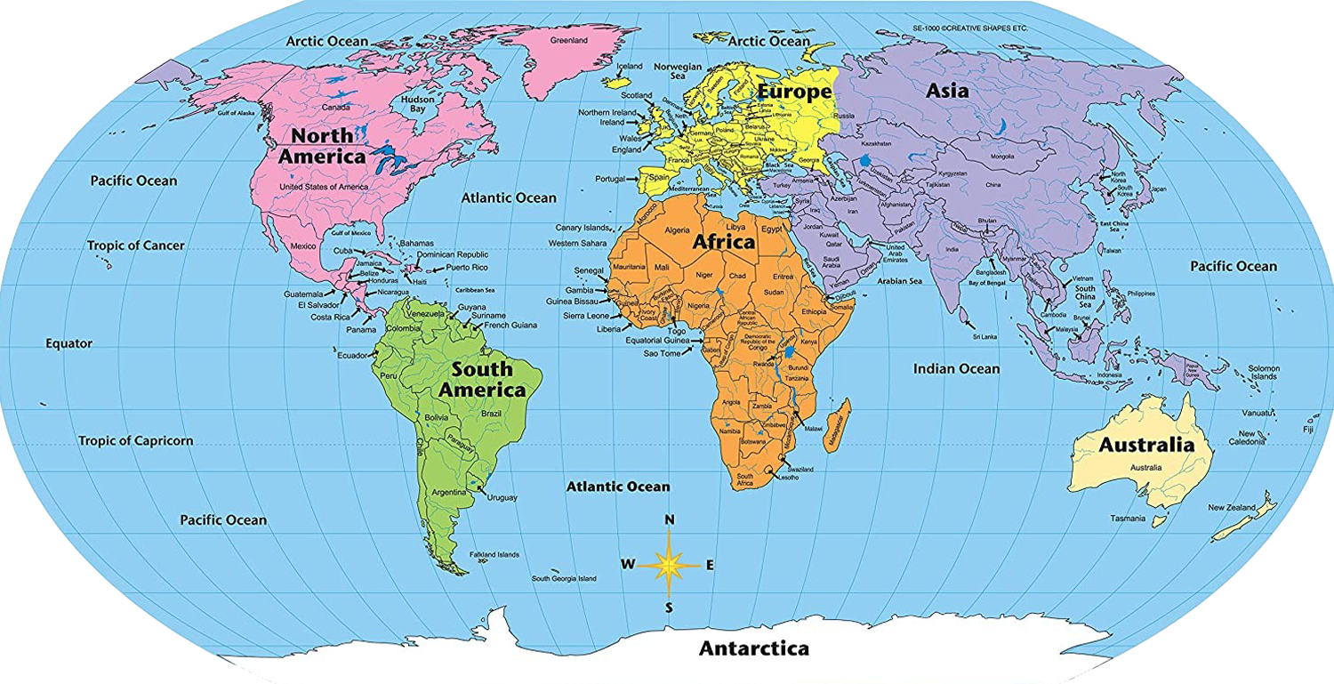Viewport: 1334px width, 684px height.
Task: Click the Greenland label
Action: tap(568, 41)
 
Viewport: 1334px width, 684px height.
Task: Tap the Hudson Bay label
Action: tap(418, 105)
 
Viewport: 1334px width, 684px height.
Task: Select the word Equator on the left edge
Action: tap(69, 343)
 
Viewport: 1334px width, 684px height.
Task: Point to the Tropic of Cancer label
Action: tap(135, 245)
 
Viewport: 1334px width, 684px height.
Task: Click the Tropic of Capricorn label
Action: tap(135, 441)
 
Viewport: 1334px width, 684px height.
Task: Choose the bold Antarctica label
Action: tap(754, 648)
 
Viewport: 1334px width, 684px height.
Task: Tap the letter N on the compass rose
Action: tap(670, 519)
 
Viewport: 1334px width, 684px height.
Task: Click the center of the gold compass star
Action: tap(670, 563)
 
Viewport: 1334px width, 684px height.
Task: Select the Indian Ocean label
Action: tap(957, 368)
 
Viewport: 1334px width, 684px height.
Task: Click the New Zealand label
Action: tap(1232, 508)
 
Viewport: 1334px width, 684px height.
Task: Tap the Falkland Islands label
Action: tap(494, 554)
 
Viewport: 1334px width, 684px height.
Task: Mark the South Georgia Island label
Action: tap(564, 578)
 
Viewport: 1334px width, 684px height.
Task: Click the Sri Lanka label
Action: tap(984, 337)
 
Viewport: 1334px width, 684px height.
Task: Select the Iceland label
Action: tap(630, 66)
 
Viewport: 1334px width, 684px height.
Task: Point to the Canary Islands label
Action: tap(583, 228)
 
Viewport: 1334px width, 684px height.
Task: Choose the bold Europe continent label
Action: tap(794, 91)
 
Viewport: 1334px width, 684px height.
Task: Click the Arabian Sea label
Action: tap(900, 282)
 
